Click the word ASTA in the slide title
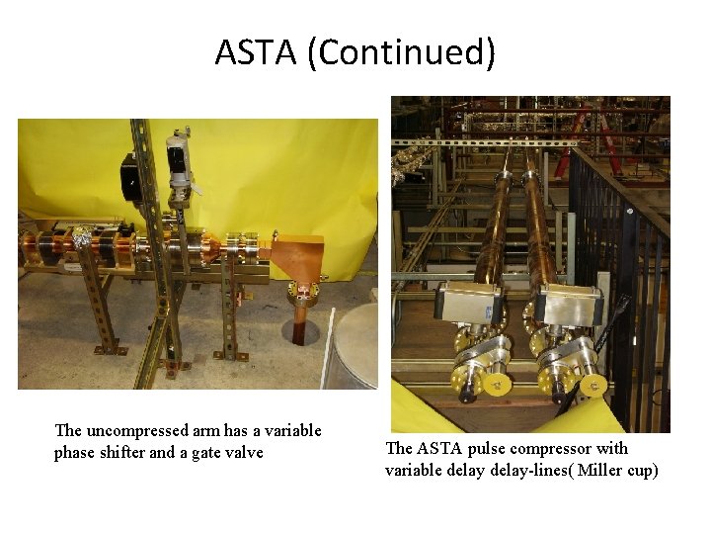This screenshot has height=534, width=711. [x=255, y=51]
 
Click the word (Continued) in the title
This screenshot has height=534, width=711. [x=401, y=51]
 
